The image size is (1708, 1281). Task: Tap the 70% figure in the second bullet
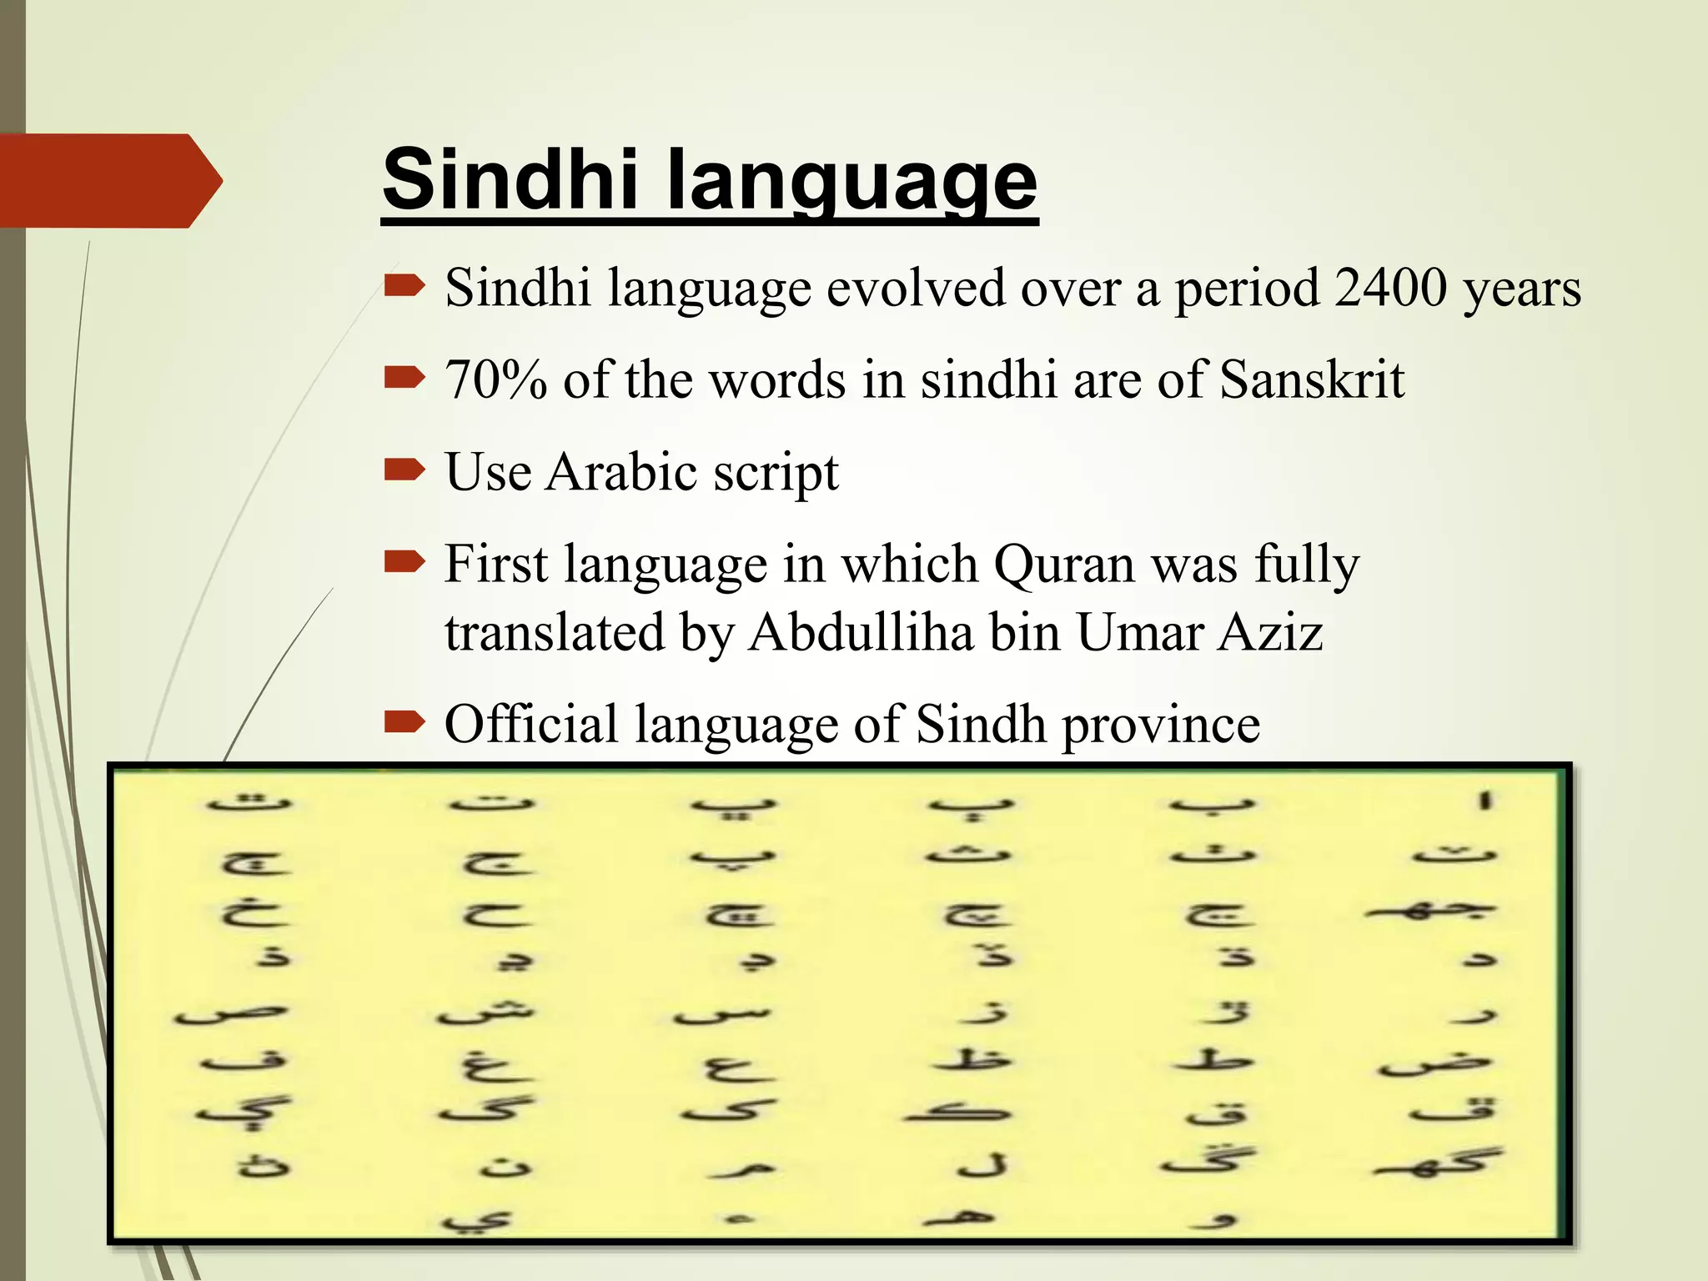tap(496, 380)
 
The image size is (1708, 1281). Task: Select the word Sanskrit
tap(1312, 380)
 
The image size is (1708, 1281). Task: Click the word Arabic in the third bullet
tap(620, 472)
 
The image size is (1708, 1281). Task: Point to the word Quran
tap(1065, 565)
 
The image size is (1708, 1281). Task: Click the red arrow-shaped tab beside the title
tap(108, 180)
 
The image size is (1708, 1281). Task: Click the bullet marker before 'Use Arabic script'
tap(404, 472)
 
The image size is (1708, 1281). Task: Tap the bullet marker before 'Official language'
tap(404, 722)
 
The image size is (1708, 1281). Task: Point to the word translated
tap(554, 632)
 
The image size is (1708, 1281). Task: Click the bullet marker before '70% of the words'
tap(404, 379)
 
